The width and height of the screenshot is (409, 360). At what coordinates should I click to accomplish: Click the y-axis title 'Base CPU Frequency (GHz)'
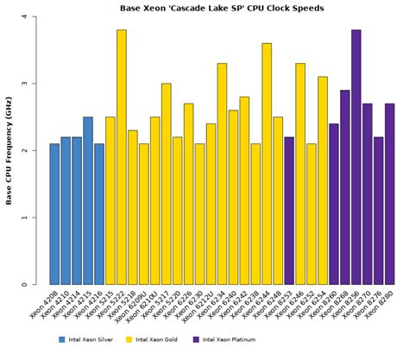coord(11,151)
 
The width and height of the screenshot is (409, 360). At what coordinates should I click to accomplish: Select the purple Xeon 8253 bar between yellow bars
coord(289,211)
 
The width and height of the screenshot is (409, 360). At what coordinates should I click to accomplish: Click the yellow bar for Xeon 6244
coord(267,164)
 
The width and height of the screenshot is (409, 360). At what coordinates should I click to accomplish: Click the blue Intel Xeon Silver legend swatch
coord(62,339)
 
